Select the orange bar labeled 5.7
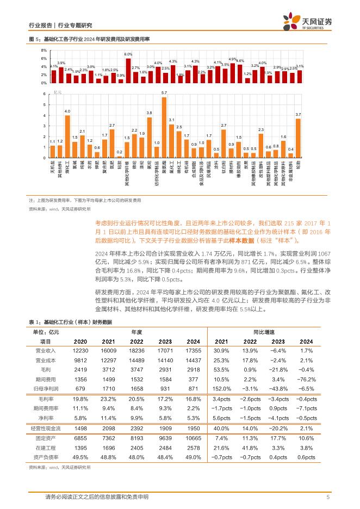[164, 127]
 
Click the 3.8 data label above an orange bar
[150, 112]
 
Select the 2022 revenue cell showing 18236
[136, 350]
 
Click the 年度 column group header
[136, 331]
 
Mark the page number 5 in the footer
[328, 496]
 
